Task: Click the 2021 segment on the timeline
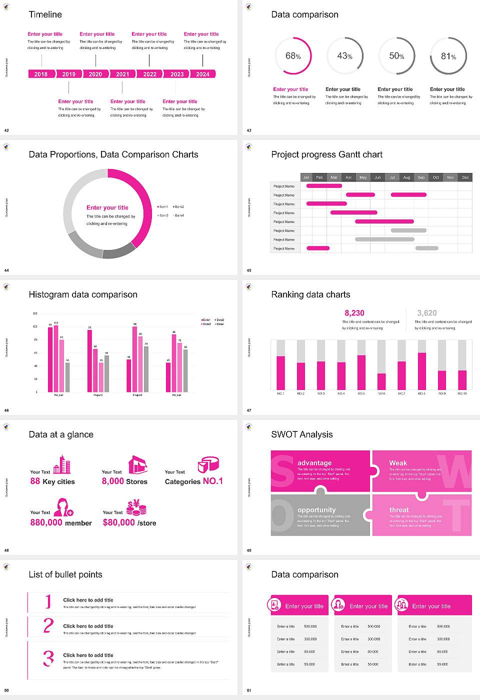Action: pyautogui.click(x=122, y=74)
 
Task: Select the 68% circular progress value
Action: pyautogui.click(x=293, y=56)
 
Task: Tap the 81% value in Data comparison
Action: pyautogui.click(x=448, y=56)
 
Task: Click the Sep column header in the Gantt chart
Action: pyautogui.click(x=421, y=177)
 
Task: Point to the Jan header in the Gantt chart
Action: pyautogui.click(x=306, y=177)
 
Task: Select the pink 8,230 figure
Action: pyautogui.click(x=354, y=313)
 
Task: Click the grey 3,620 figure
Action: pyautogui.click(x=427, y=313)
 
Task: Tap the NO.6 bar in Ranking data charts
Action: pyautogui.click(x=381, y=381)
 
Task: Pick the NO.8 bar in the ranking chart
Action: pyautogui.click(x=422, y=371)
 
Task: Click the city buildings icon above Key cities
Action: pyautogui.click(x=62, y=464)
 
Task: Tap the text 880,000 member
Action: pyautogui.click(x=61, y=522)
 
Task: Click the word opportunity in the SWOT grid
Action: pyautogui.click(x=316, y=509)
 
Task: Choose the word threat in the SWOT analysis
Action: pyautogui.click(x=399, y=509)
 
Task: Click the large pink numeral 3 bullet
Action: pyautogui.click(x=48, y=658)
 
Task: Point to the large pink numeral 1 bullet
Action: pyautogui.click(x=48, y=601)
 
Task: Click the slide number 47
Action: pyautogui.click(x=249, y=410)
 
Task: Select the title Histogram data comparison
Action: pyautogui.click(x=83, y=294)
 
